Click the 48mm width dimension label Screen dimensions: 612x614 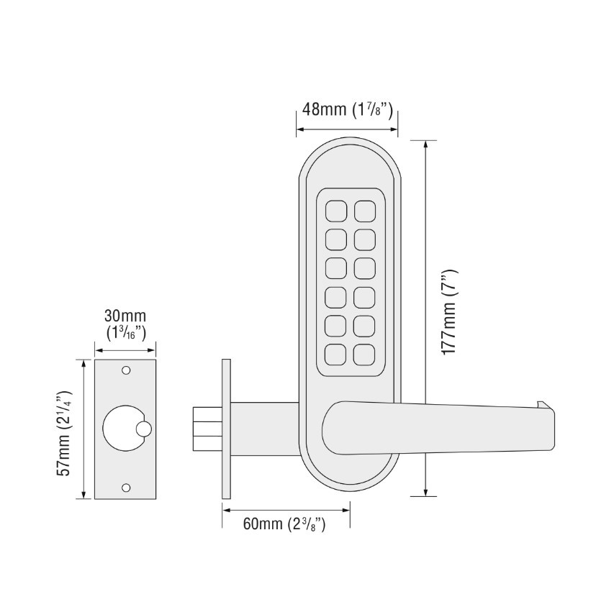tap(346, 110)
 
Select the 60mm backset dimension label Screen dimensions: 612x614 tap(284, 524)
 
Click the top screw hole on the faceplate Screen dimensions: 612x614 tap(126, 371)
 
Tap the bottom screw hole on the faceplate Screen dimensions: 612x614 tap(126, 488)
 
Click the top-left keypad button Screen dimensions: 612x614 tap(335, 210)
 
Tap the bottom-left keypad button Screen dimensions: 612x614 tap(335, 354)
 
